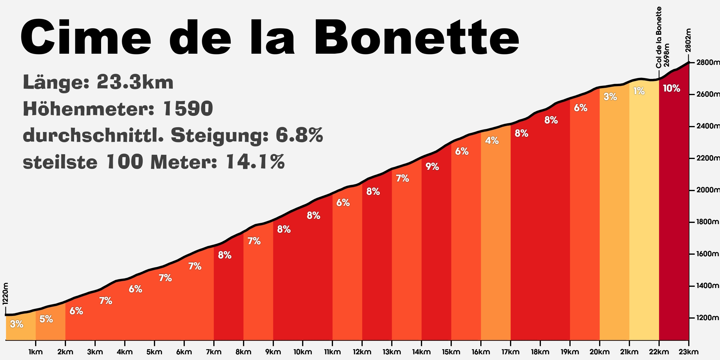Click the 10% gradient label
coord(671,88)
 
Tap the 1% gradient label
coord(639,91)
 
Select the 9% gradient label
coord(432,166)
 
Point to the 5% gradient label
coord(46,319)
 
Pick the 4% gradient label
coord(492,140)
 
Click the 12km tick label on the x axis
coord(362,352)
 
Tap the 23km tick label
coord(688,352)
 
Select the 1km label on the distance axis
coord(36,352)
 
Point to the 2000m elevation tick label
coord(708,190)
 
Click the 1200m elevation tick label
coord(708,317)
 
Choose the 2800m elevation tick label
coord(708,62)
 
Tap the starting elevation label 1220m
coord(5,294)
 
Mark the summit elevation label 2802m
coord(688,40)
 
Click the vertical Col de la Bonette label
coord(658,37)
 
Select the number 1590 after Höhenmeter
coord(188,109)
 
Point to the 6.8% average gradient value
coord(299,135)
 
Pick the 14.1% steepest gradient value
coord(255,162)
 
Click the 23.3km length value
coord(135,82)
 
